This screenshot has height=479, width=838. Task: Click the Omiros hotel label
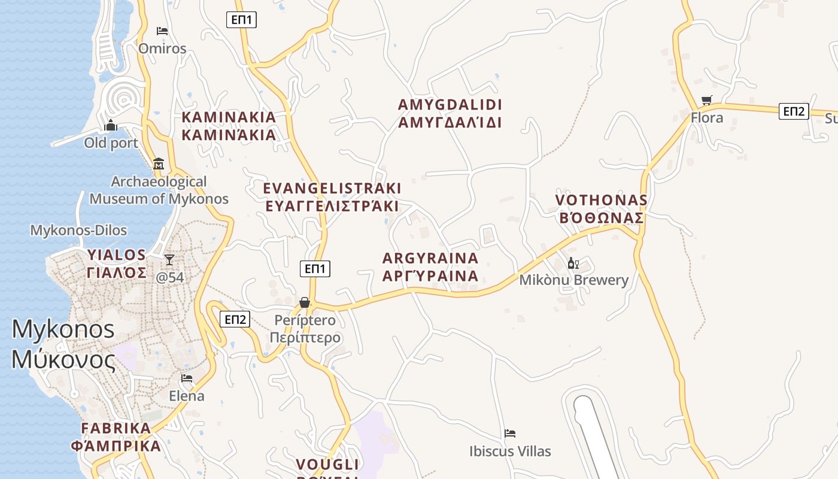162,48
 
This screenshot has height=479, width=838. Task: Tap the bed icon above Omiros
162,31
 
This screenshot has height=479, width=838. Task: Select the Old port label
111,143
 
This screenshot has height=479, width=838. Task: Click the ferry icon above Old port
110,126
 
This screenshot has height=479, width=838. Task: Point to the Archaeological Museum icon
159,163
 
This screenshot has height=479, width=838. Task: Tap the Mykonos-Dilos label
78,231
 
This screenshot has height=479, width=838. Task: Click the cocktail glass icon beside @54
169,259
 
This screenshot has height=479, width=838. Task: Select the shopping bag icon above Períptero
305,302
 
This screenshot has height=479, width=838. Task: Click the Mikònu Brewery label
573,280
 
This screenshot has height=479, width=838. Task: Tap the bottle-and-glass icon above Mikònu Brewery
573,263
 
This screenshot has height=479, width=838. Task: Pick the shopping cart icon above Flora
707,101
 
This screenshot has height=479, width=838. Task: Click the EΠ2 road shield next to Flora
794,111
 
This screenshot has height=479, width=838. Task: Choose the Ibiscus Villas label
510,451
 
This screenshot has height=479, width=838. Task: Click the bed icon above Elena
187,378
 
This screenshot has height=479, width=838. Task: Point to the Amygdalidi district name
450,114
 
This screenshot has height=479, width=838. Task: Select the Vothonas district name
601,209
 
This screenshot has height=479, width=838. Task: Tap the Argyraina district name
430,267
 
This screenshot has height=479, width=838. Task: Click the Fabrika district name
116,437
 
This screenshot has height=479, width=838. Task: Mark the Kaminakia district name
229,126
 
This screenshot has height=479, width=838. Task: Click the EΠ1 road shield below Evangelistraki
315,269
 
